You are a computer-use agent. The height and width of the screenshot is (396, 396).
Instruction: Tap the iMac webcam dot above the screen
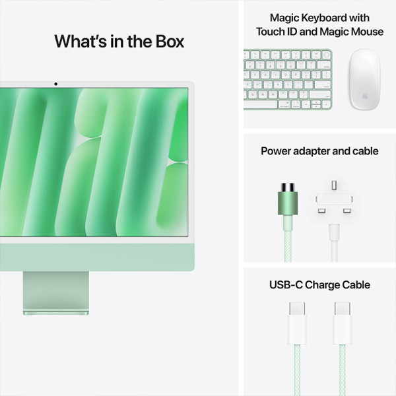click(x=55, y=84)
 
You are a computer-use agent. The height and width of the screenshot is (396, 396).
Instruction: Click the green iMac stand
click(x=55, y=290)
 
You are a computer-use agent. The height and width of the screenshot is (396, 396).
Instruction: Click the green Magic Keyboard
click(x=288, y=79)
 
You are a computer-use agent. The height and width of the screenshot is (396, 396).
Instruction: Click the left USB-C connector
click(x=298, y=323)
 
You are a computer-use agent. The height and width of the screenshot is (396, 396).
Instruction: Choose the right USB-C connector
click(x=343, y=323)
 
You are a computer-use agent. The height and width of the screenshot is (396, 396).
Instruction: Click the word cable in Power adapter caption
click(x=364, y=151)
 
